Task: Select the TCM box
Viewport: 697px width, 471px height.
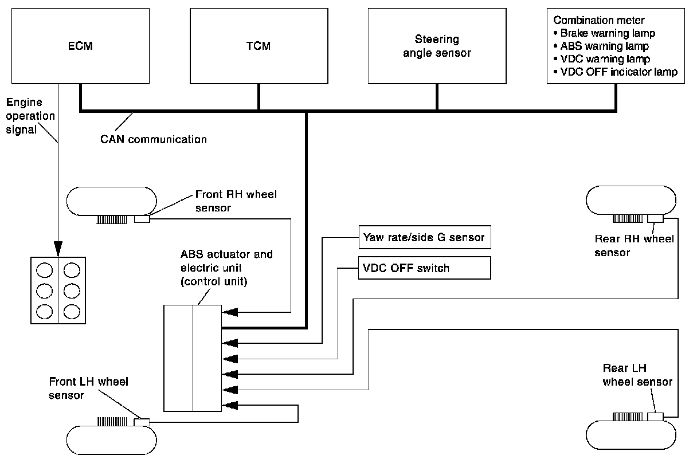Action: [x=259, y=46]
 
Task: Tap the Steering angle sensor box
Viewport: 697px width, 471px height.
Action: [x=437, y=46]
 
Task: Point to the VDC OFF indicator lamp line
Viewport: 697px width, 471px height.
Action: [x=615, y=72]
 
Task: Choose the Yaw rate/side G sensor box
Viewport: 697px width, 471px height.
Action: [x=425, y=237]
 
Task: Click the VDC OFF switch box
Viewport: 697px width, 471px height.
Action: [x=425, y=268]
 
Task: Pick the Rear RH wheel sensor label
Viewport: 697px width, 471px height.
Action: [x=634, y=245]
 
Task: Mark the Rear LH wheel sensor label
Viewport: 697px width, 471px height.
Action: [x=637, y=375]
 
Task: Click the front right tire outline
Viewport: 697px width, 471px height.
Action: [x=111, y=201]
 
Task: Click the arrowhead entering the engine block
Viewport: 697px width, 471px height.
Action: [x=58, y=248]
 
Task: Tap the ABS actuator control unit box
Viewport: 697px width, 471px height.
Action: [x=193, y=358]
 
